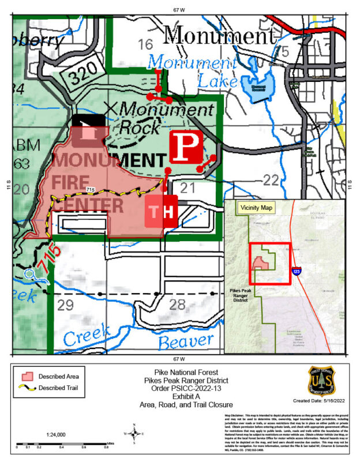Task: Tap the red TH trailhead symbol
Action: [161, 212]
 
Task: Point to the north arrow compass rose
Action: [134, 434]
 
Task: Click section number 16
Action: [145, 44]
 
